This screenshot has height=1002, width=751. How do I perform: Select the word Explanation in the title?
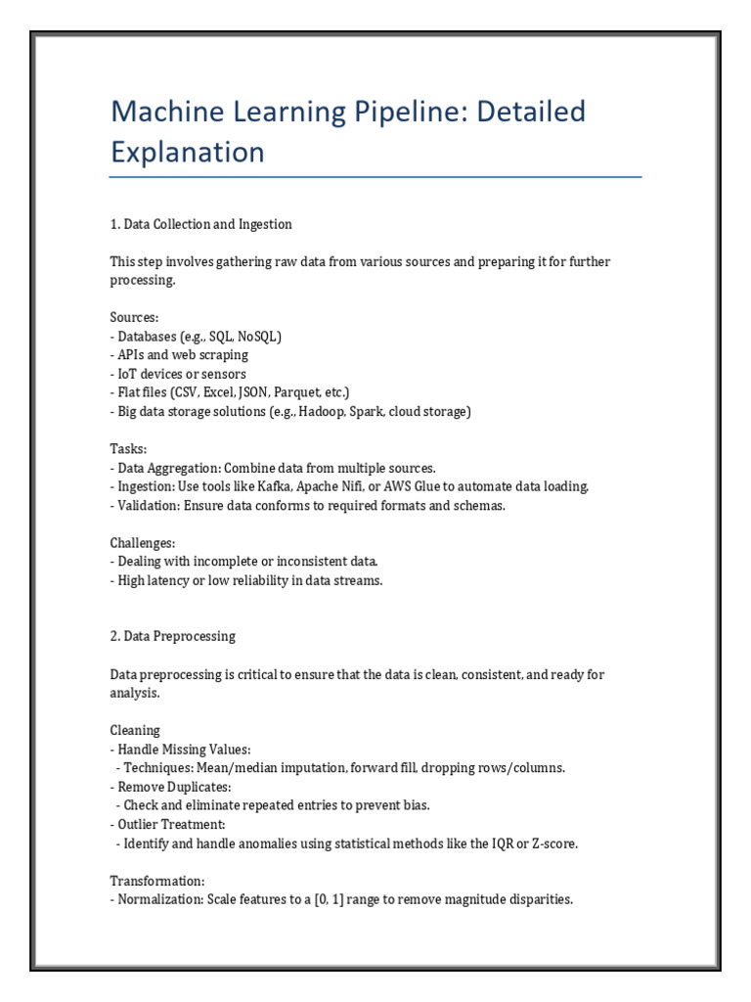coord(187,153)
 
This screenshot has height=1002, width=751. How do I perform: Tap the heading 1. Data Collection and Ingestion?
coord(200,224)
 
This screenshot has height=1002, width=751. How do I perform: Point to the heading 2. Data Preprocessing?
coord(172,636)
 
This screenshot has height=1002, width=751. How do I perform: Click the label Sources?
coord(132,318)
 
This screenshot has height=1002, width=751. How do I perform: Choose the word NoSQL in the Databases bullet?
coord(257,337)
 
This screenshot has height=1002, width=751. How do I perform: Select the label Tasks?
coord(127,448)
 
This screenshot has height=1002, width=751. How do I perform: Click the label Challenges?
coord(142,542)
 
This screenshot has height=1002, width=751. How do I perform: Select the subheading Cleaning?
coord(135,730)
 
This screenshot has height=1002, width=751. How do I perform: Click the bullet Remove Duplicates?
coord(172,787)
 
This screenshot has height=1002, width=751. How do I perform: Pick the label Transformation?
coord(156,880)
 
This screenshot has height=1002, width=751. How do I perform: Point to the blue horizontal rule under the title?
coord(375,177)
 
